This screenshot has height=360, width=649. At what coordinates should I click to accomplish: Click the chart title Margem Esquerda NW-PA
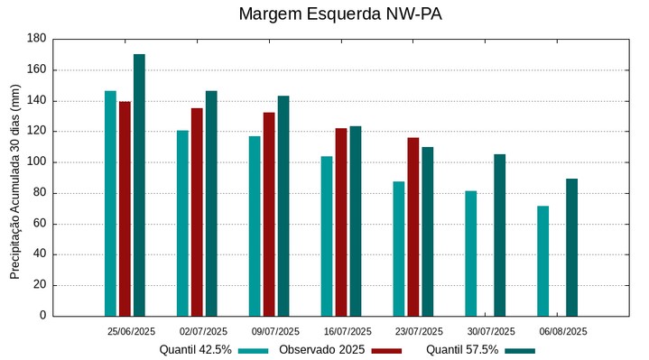pyautogui.click(x=339, y=14)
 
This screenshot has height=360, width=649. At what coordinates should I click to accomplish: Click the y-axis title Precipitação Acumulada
pyautogui.click(x=14, y=177)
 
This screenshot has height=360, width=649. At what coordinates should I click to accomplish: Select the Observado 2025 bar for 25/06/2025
pyautogui.click(x=125, y=208)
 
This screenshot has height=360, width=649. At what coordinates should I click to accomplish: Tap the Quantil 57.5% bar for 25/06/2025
pyautogui.click(x=139, y=185)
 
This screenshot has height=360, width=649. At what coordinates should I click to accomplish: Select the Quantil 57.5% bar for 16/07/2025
pyautogui.click(x=356, y=221)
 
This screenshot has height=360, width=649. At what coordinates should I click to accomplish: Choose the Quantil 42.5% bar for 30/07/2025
pyautogui.click(x=471, y=254)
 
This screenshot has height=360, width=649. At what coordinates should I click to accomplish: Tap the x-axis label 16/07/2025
pyautogui.click(x=348, y=331)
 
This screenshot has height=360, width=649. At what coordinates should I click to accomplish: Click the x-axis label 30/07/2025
pyautogui.click(x=492, y=331)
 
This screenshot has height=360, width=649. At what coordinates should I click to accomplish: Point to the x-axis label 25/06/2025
pyautogui.click(x=131, y=331)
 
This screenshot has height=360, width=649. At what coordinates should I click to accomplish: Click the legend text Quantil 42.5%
pyautogui.click(x=196, y=349)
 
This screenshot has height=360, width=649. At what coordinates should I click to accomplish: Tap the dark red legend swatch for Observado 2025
pyautogui.click(x=386, y=350)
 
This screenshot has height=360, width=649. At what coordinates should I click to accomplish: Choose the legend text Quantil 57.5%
pyautogui.click(x=462, y=349)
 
